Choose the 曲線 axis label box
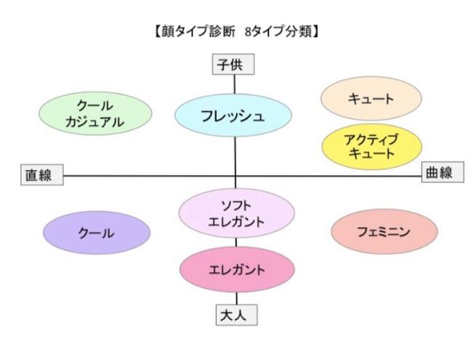click(437, 173)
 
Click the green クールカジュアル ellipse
click(95, 114)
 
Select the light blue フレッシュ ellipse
click(233, 115)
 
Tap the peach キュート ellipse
click(371, 99)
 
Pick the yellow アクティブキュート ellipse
click(371, 146)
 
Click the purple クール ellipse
click(96, 232)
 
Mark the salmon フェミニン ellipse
click(384, 232)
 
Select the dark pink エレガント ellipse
click(237, 269)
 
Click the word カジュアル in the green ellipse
click(95, 122)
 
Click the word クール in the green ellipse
click(95, 106)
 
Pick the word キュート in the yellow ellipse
click(371, 153)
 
